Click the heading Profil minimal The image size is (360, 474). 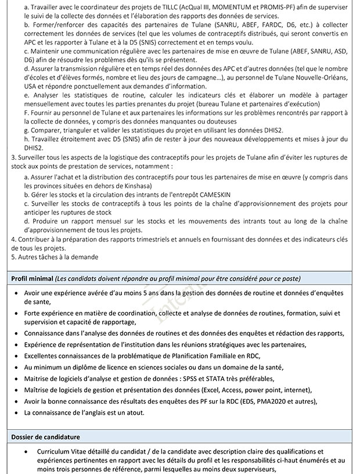click(33, 278)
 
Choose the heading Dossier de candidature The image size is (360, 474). click(46, 436)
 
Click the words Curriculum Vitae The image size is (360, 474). click(61, 451)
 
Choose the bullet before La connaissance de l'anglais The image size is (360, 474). click(16, 412)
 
